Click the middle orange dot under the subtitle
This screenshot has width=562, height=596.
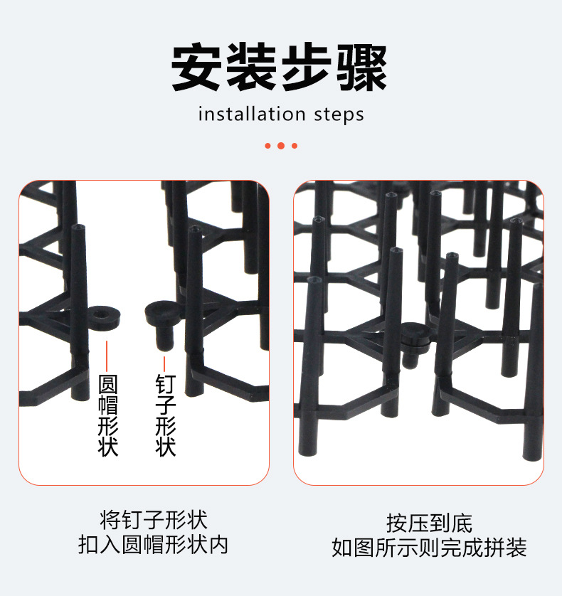point(281,146)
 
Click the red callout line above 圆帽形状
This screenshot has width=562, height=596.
point(107,353)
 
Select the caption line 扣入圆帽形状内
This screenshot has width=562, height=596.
point(154,546)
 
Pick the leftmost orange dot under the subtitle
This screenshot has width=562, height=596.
point(268,146)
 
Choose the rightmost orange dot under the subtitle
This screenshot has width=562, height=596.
point(294,146)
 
